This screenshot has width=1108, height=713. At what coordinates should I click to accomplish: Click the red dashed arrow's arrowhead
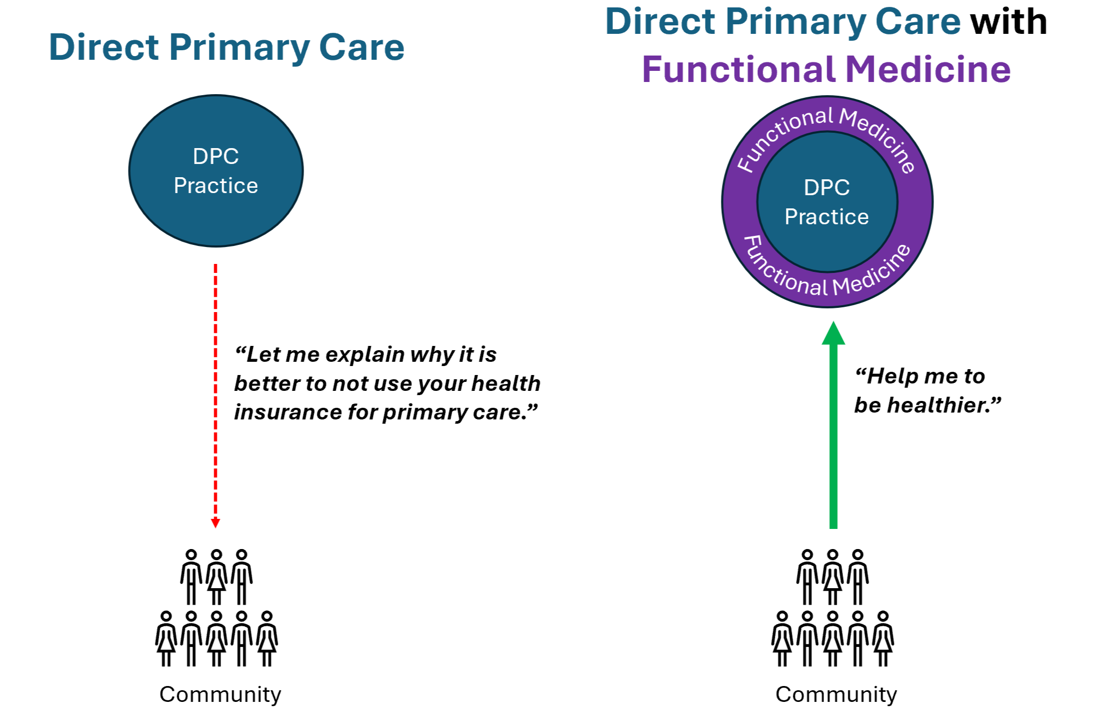tap(215, 523)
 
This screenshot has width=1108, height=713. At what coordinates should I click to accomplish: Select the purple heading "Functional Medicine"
tap(826, 70)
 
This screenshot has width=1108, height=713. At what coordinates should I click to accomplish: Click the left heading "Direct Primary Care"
tap(226, 48)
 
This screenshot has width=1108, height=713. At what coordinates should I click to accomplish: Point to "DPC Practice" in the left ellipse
tap(216, 171)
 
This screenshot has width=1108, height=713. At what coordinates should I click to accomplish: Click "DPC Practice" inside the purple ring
tap(827, 202)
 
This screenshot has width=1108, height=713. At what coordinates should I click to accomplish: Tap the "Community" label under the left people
tap(221, 694)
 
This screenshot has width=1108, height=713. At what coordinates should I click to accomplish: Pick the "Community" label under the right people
tap(836, 694)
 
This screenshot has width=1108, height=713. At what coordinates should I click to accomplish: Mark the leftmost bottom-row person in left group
tap(166, 638)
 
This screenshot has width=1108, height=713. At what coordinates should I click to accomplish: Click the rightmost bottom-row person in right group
tap(883, 638)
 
